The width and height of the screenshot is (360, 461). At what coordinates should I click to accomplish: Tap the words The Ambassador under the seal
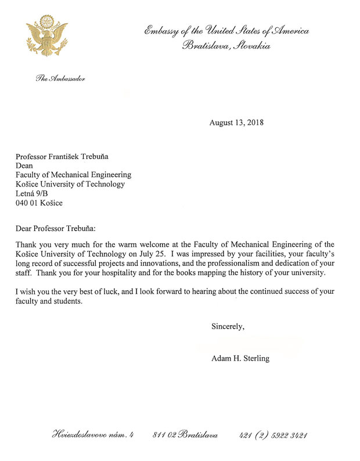pos(61,78)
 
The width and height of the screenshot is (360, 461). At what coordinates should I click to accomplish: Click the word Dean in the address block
pos(25,165)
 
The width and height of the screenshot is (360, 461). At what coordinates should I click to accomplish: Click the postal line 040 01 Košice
pos(39,203)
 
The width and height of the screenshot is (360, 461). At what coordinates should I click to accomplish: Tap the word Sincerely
pos(228,327)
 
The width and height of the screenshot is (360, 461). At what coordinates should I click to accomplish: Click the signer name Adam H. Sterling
pos(240,358)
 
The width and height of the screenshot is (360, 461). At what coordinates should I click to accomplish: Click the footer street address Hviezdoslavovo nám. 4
pos(93,435)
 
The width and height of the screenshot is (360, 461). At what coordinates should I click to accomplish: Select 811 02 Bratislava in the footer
pos(185,435)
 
